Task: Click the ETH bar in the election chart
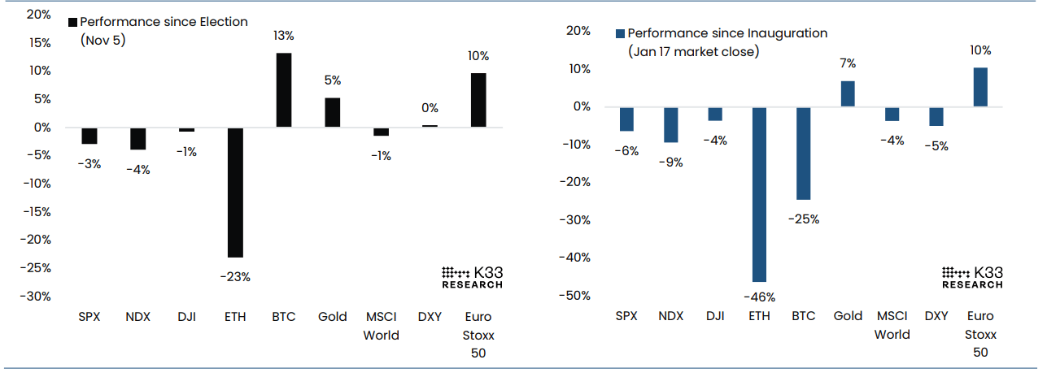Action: click(235, 192)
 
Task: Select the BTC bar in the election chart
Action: click(284, 90)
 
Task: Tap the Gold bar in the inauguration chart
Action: click(848, 93)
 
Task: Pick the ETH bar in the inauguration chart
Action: click(760, 194)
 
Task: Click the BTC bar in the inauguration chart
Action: click(804, 153)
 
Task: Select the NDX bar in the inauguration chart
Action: click(671, 124)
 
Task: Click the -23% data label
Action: click(235, 277)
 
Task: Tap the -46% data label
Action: click(760, 297)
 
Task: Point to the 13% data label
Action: click(284, 37)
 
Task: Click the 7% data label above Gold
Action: click(848, 63)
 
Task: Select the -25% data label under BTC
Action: click(804, 219)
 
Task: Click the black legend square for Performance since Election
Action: click(72, 22)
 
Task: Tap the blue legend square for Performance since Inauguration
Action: click(620, 34)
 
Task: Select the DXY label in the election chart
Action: click(430, 317)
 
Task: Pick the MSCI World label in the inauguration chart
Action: click(892, 325)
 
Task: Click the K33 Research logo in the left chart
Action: click(472, 277)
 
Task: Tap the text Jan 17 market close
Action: click(693, 51)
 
